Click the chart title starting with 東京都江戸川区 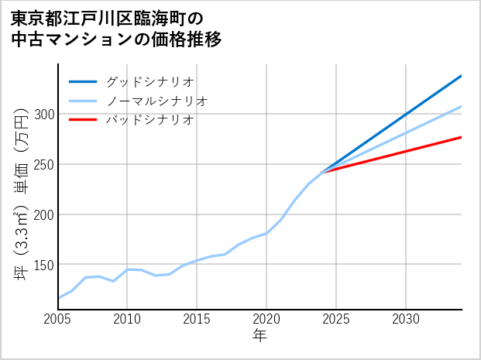[x=116, y=29]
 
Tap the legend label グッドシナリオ [x=149, y=81]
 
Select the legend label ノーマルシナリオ [x=156, y=101]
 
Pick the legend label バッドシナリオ [x=149, y=120]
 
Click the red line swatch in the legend [x=83, y=120]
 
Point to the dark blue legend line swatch [x=83, y=81]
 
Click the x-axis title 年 [x=260, y=336]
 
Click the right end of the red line [x=462, y=137]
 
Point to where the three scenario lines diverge [x=322, y=171]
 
